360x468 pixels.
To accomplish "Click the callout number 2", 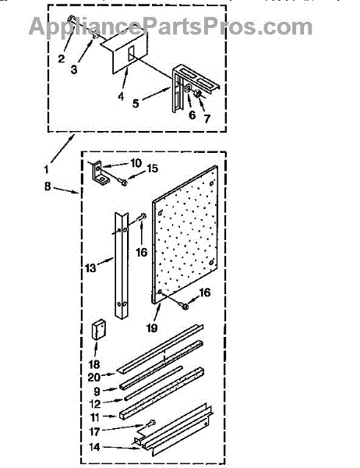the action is (x=61, y=58).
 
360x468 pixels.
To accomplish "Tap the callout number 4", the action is (x=121, y=97).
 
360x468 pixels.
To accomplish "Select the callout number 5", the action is (x=136, y=103).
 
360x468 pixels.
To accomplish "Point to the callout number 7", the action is (x=207, y=119).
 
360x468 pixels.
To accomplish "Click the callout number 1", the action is (x=46, y=170).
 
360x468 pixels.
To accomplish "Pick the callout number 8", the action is (x=48, y=186).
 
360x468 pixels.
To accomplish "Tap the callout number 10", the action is (x=136, y=163).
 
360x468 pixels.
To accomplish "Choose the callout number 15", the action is (x=152, y=168).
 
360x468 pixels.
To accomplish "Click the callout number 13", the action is (x=90, y=268).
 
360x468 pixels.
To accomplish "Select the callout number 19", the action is (x=151, y=328).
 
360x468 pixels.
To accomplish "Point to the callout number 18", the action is (x=94, y=364).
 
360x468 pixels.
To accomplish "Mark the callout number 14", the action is (x=94, y=447).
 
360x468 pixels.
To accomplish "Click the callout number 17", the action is (x=94, y=431).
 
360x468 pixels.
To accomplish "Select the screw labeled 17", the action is (x=150, y=423).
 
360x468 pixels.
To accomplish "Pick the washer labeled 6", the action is (x=189, y=88).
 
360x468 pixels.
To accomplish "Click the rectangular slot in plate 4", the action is (x=131, y=54).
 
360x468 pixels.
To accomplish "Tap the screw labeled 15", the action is (x=122, y=181).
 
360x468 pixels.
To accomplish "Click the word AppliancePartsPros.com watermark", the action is (x=171, y=27).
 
